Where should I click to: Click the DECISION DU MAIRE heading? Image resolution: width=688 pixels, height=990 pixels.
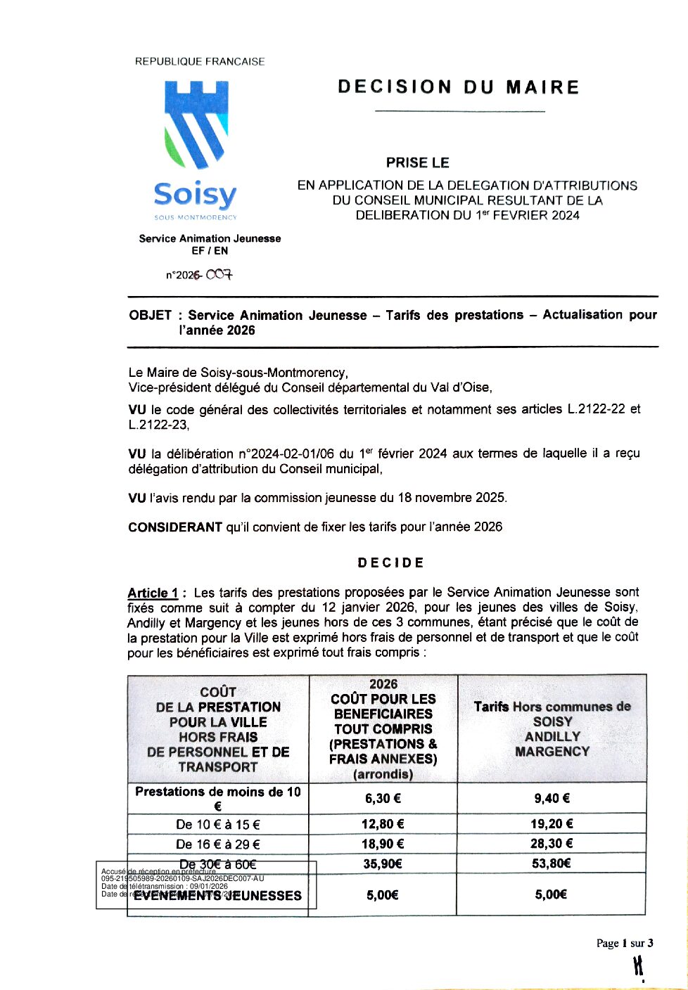point(458,87)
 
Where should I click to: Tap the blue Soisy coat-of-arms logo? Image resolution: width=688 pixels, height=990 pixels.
point(196,124)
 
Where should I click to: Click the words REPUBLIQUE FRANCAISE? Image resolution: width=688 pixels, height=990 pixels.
point(200,62)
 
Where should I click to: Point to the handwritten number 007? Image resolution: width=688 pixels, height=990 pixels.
point(219,274)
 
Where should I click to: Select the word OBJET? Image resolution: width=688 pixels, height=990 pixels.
point(150,316)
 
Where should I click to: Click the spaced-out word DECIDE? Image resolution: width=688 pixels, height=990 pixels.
point(390,563)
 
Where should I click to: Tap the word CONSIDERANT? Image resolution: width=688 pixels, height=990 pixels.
point(175,527)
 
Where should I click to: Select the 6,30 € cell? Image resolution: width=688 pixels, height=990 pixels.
point(383,798)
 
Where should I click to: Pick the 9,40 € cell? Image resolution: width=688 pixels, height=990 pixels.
point(552,798)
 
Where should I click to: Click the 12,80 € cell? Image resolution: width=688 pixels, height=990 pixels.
point(383,824)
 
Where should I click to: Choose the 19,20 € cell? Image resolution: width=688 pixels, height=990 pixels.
point(552,824)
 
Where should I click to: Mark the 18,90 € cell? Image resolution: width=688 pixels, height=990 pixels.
point(383,844)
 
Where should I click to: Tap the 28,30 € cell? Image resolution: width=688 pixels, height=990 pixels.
point(552,844)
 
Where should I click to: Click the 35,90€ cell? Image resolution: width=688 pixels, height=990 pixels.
point(383,863)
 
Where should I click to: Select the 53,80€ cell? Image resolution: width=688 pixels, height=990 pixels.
point(552,863)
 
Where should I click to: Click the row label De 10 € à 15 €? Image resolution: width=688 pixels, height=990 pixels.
point(218,825)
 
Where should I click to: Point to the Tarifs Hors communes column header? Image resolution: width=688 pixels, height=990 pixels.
point(552,728)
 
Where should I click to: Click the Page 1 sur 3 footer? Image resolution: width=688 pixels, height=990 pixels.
point(625,944)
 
